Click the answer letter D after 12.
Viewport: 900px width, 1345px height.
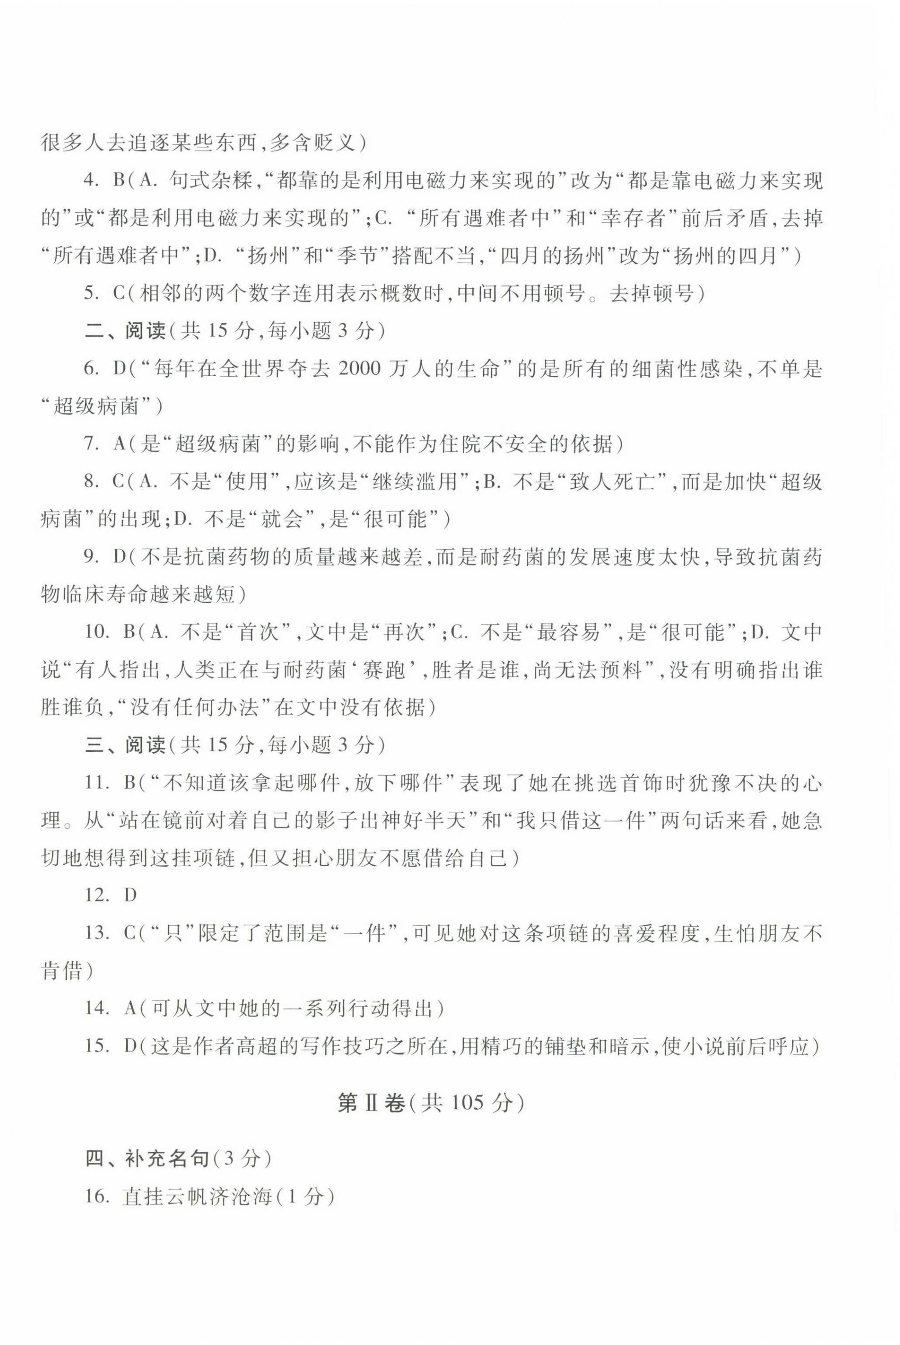130,895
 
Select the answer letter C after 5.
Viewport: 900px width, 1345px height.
119,294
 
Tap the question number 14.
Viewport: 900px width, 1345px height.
96,1008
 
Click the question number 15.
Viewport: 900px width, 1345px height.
96,1046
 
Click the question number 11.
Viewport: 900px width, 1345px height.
96,783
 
